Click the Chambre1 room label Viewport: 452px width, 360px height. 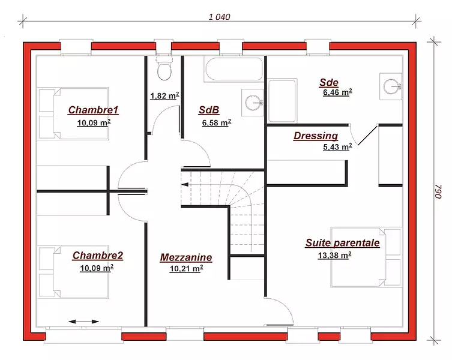tap(93, 110)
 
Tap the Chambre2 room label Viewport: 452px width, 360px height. tap(98, 256)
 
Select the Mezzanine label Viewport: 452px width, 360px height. tap(186, 257)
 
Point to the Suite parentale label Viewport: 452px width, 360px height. tap(343, 243)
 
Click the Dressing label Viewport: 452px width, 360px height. tap(316, 136)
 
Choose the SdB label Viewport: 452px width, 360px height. tap(209, 110)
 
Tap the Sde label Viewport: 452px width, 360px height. tap(328, 82)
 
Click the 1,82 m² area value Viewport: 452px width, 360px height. tap(164, 95)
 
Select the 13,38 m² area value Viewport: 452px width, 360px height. tap(334, 256)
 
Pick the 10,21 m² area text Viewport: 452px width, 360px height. tap(186, 269)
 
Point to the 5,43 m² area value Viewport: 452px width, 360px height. tap(337, 147)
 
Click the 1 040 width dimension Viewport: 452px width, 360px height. tap(219, 17)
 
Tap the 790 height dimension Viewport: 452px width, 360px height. tap(438, 191)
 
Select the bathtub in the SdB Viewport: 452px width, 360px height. tap(234, 69)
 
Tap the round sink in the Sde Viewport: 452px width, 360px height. tap(391, 86)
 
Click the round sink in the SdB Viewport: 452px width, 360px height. tap(253, 103)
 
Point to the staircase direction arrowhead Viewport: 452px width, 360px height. tap(185, 184)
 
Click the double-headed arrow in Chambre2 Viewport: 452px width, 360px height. tap(83, 322)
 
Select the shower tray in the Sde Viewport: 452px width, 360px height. tap(282, 101)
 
